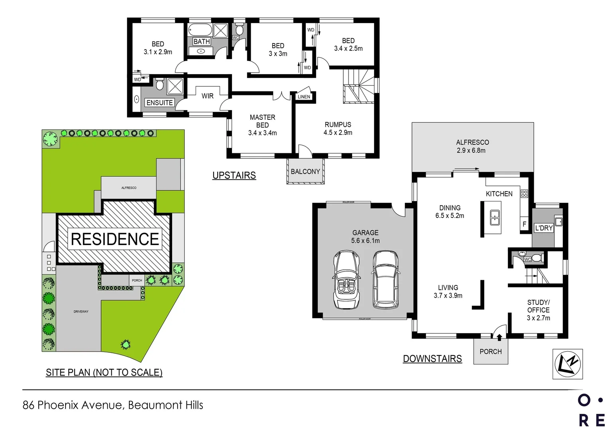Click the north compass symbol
[x=567, y=364]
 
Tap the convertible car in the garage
[x=346, y=280]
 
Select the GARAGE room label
[x=365, y=233]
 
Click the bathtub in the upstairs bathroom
[x=200, y=30]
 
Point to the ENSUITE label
[x=160, y=103]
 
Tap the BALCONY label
[x=305, y=172]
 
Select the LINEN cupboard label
[x=304, y=97]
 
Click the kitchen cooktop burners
[x=524, y=194]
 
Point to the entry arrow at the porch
[x=499, y=337]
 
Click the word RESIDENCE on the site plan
[x=115, y=239]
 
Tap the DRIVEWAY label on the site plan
[x=81, y=312]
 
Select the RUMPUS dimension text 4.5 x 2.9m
[x=338, y=132]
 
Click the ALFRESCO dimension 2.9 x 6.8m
[x=471, y=150]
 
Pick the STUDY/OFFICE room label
[x=538, y=306]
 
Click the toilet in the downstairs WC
[x=536, y=257]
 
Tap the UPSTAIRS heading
[x=234, y=175]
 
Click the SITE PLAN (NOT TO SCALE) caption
[x=104, y=372]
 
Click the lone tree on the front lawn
[x=126, y=344]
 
